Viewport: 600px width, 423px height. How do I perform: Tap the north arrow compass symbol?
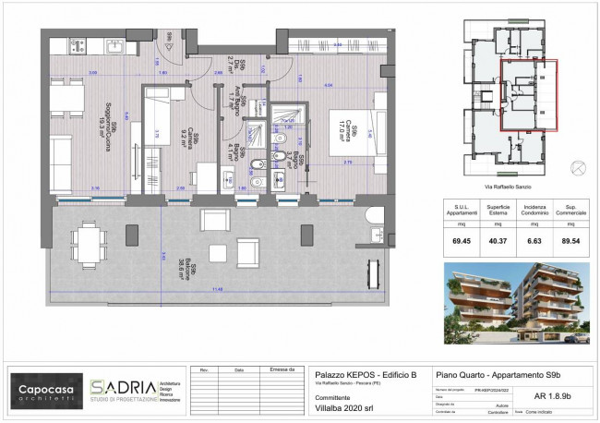point(577,167)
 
